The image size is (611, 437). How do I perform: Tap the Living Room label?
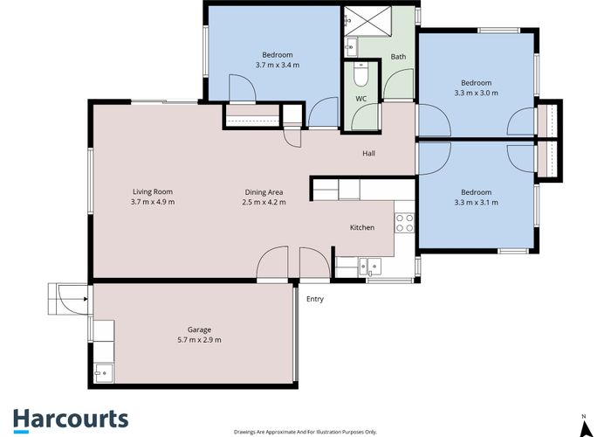tap(153, 191)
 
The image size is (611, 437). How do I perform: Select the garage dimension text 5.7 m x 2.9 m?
tap(199, 339)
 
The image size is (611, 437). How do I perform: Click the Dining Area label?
tap(264, 191)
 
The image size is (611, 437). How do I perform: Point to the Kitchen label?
tap(362, 227)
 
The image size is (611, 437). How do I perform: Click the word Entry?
tap(315, 299)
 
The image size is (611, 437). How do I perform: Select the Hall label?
tap(369, 154)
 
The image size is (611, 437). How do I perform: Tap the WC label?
tap(361, 99)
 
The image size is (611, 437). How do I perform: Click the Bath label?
tap(398, 57)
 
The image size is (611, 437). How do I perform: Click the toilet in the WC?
tap(360, 76)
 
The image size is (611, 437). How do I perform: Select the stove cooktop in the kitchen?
tap(404, 222)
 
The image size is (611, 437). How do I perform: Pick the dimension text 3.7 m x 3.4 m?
tap(278, 65)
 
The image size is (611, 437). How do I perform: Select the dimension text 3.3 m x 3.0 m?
tap(476, 94)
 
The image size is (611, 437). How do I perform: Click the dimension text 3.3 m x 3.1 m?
tap(476, 203)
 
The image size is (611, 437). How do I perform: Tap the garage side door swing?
tap(68, 298)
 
